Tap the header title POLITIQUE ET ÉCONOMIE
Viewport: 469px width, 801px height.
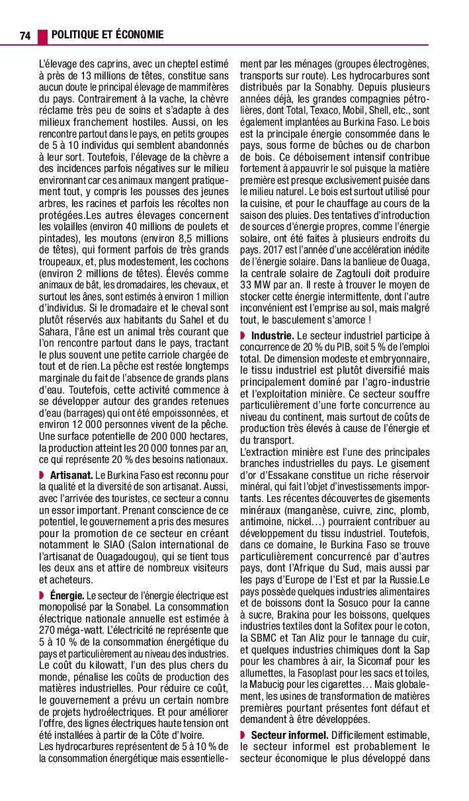(x=107, y=34)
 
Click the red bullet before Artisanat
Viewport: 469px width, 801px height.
(x=42, y=475)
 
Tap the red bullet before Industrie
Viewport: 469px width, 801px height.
(x=243, y=336)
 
